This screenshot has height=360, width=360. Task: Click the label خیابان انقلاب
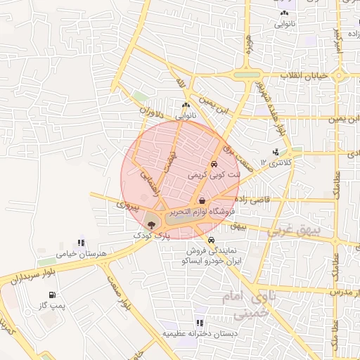(304, 75)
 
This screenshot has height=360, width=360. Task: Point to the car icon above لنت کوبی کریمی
(214, 163)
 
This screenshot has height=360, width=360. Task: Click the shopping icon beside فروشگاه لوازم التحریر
(202, 200)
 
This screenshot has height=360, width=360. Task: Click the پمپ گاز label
(51, 307)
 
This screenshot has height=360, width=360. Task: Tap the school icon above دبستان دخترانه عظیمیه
(200, 323)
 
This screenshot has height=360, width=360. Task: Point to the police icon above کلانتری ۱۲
(275, 152)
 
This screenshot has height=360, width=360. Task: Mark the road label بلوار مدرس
(339, 290)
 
